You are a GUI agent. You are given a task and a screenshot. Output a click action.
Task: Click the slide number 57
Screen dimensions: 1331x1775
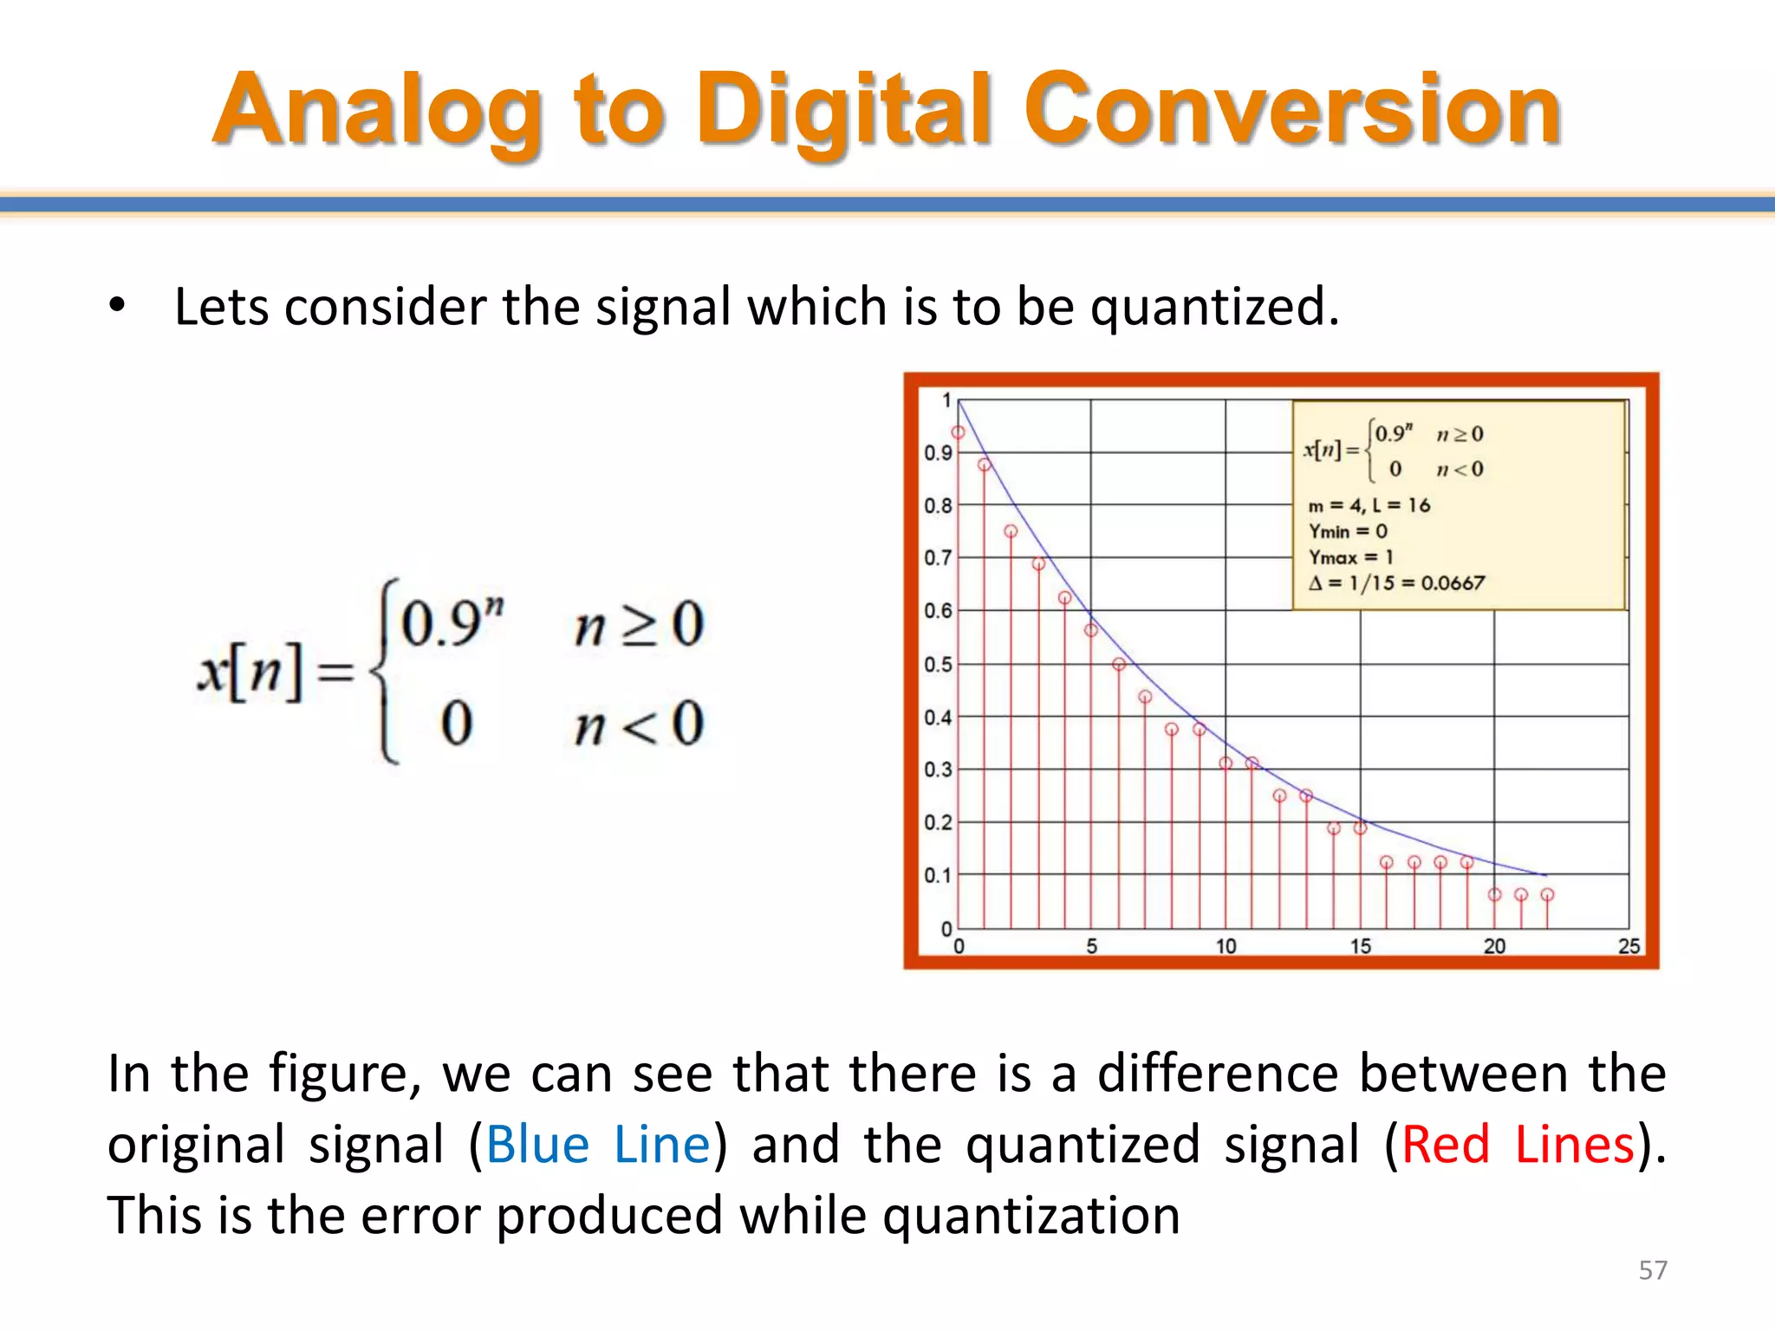pos(1652,1270)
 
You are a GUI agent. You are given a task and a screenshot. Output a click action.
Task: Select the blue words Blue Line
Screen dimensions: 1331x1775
pos(598,1144)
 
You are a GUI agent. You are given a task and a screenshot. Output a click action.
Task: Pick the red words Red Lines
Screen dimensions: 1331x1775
pos(1518,1144)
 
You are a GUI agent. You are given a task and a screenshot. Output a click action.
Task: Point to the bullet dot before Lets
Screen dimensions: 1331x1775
pos(117,305)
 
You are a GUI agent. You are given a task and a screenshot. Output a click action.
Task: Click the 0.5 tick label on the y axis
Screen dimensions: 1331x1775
pos(937,665)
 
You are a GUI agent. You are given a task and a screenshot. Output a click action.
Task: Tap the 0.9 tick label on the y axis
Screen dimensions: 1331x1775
pos(937,452)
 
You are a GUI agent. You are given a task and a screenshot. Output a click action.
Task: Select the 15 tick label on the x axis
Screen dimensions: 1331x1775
pos(1360,946)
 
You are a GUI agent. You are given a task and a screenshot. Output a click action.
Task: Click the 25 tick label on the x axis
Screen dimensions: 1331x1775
pos(1629,946)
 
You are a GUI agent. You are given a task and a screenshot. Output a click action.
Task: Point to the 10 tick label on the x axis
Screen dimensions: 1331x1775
pos(1226,946)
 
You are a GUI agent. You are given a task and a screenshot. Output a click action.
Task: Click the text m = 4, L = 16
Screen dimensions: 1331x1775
pos(1369,505)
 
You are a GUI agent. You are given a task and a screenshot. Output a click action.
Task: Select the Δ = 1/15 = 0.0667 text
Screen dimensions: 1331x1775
pos(1396,583)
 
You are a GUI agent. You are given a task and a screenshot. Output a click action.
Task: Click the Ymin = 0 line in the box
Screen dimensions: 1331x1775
pos(1348,531)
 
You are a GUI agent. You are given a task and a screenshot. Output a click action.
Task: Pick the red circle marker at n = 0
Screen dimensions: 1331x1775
pos(958,432)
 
